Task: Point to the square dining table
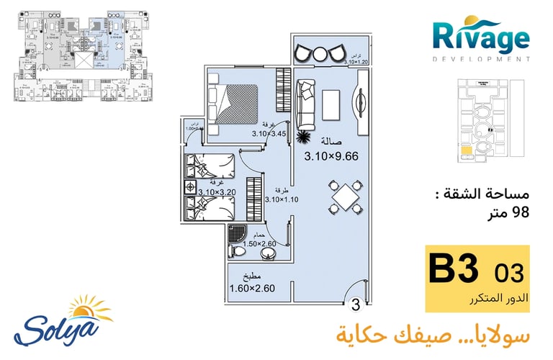tap(347, 196)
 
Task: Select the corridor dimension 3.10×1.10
tap(282, 199)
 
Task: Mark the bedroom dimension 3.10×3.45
tap(269, 133)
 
